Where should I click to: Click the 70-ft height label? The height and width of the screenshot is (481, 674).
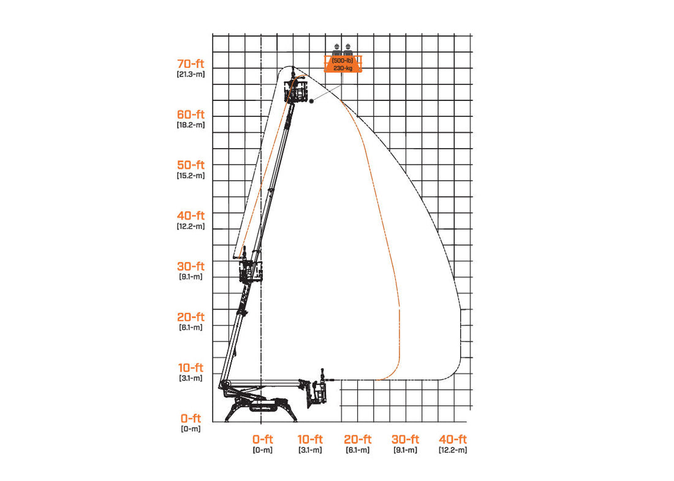click(191, 64)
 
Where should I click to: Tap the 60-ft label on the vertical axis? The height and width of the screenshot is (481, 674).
click(191, 114)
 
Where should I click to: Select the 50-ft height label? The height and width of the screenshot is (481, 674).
click(191, 165)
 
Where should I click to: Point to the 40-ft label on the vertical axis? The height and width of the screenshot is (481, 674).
click(191, 216)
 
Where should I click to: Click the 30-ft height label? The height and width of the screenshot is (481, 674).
click(191, 267)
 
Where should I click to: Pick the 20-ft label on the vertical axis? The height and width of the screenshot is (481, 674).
click(191, 318)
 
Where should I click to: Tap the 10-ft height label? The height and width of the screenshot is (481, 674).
click(191, 368)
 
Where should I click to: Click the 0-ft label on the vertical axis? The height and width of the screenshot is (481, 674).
click(191, 419)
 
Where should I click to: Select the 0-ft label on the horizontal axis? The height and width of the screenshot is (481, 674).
click(262, 439)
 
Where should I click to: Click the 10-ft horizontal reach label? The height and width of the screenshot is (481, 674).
click(310, 439)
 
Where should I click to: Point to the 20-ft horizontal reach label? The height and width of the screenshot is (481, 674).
click(358, 439)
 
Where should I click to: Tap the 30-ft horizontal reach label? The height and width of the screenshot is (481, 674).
click(406, 439)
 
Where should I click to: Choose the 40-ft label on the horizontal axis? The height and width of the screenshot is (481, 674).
click(453, 439)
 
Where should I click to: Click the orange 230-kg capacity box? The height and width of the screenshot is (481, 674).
click(343, 64)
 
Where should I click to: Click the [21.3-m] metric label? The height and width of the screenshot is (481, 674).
click(191, 74)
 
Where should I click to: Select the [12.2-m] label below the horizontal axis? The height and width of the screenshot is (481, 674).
click(453, 450)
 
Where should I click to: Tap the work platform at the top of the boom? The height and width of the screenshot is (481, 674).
click(296, 92)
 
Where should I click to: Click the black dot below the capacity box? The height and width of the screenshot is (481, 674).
click(311, 100)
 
